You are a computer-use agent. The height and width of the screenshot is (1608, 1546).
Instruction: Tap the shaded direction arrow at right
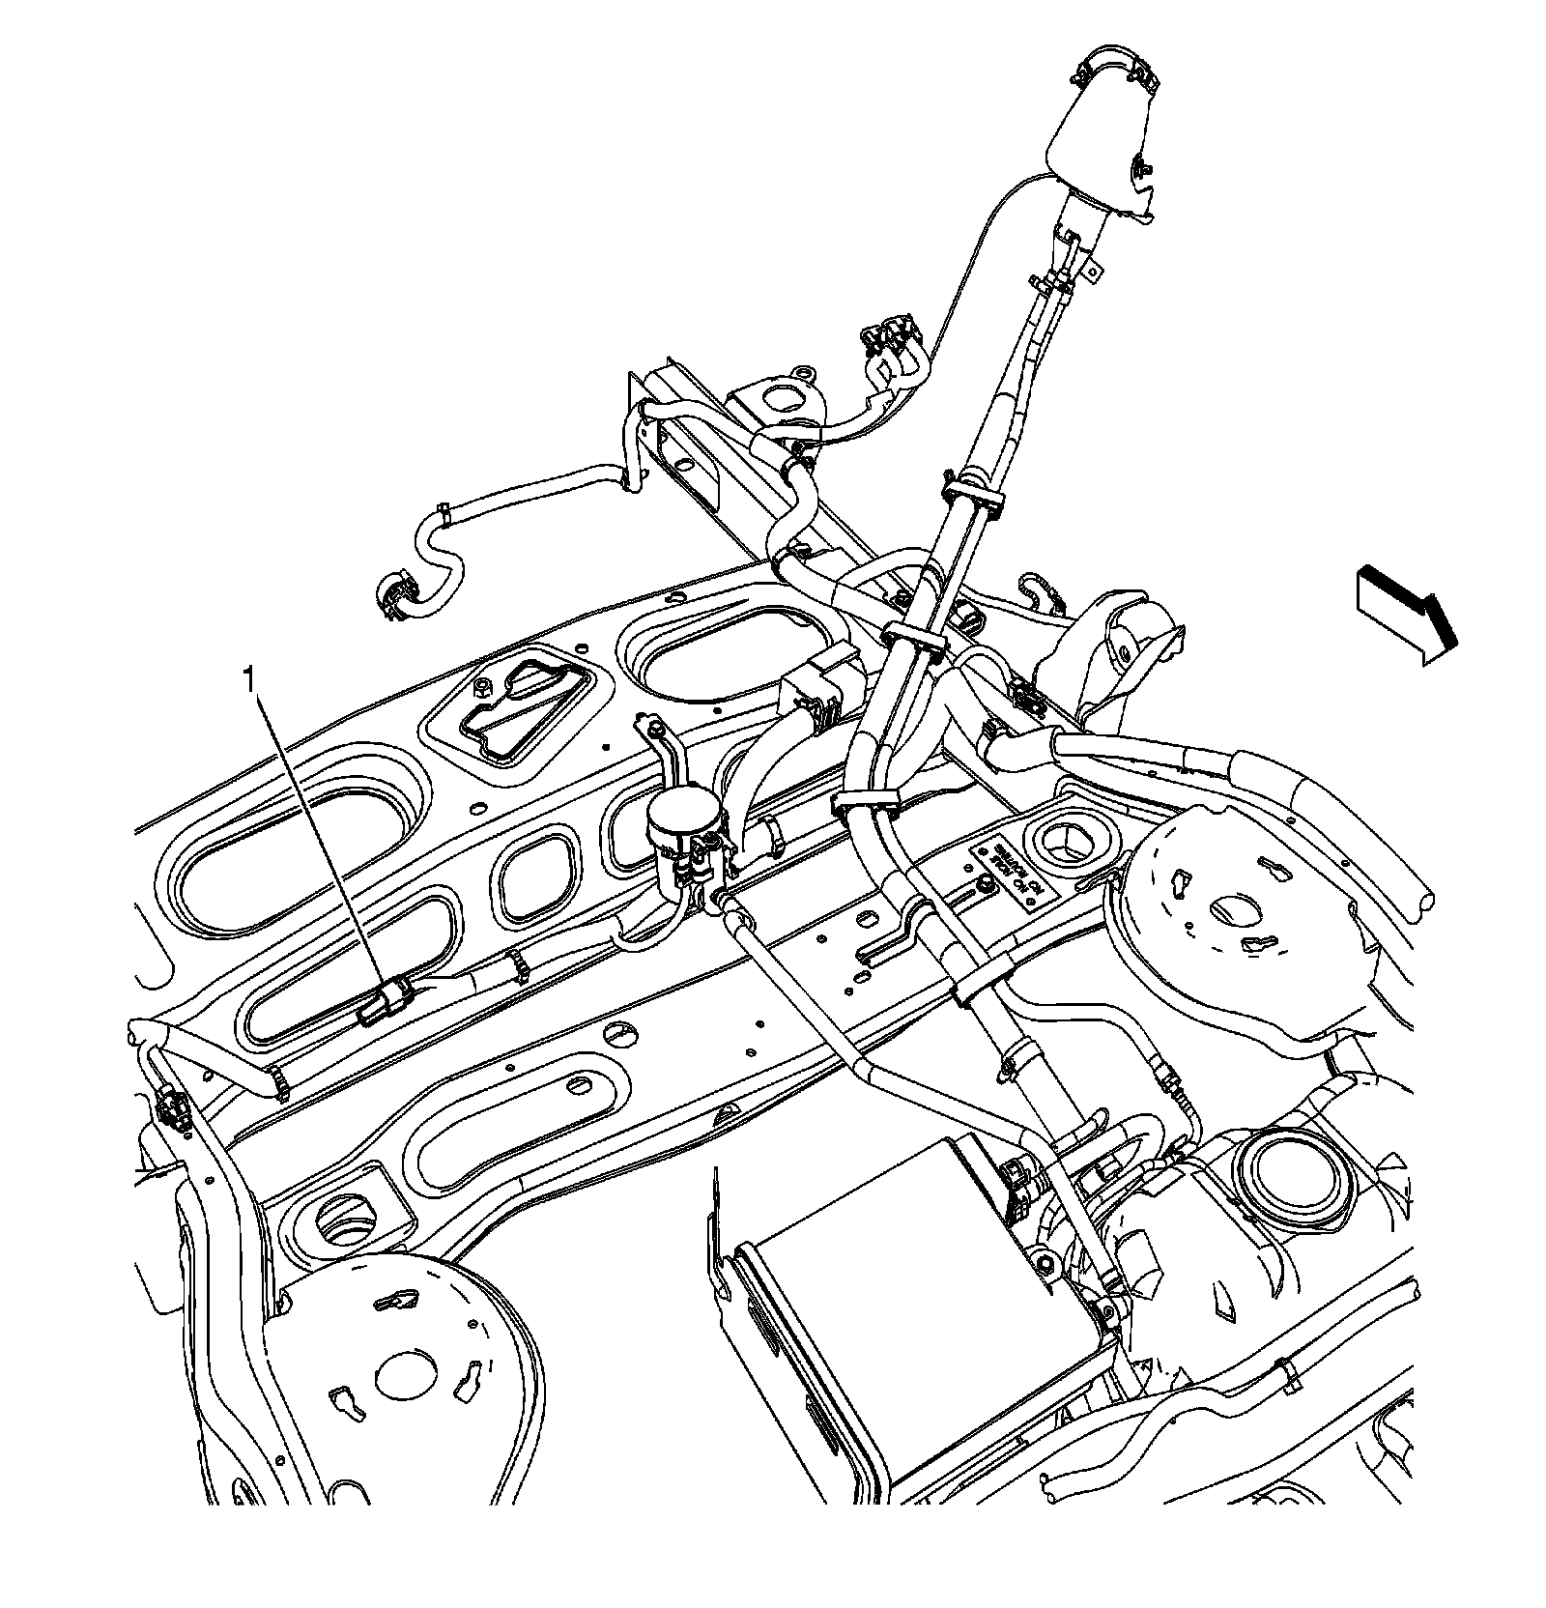1406,616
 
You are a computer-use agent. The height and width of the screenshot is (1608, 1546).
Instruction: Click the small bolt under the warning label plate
984,885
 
